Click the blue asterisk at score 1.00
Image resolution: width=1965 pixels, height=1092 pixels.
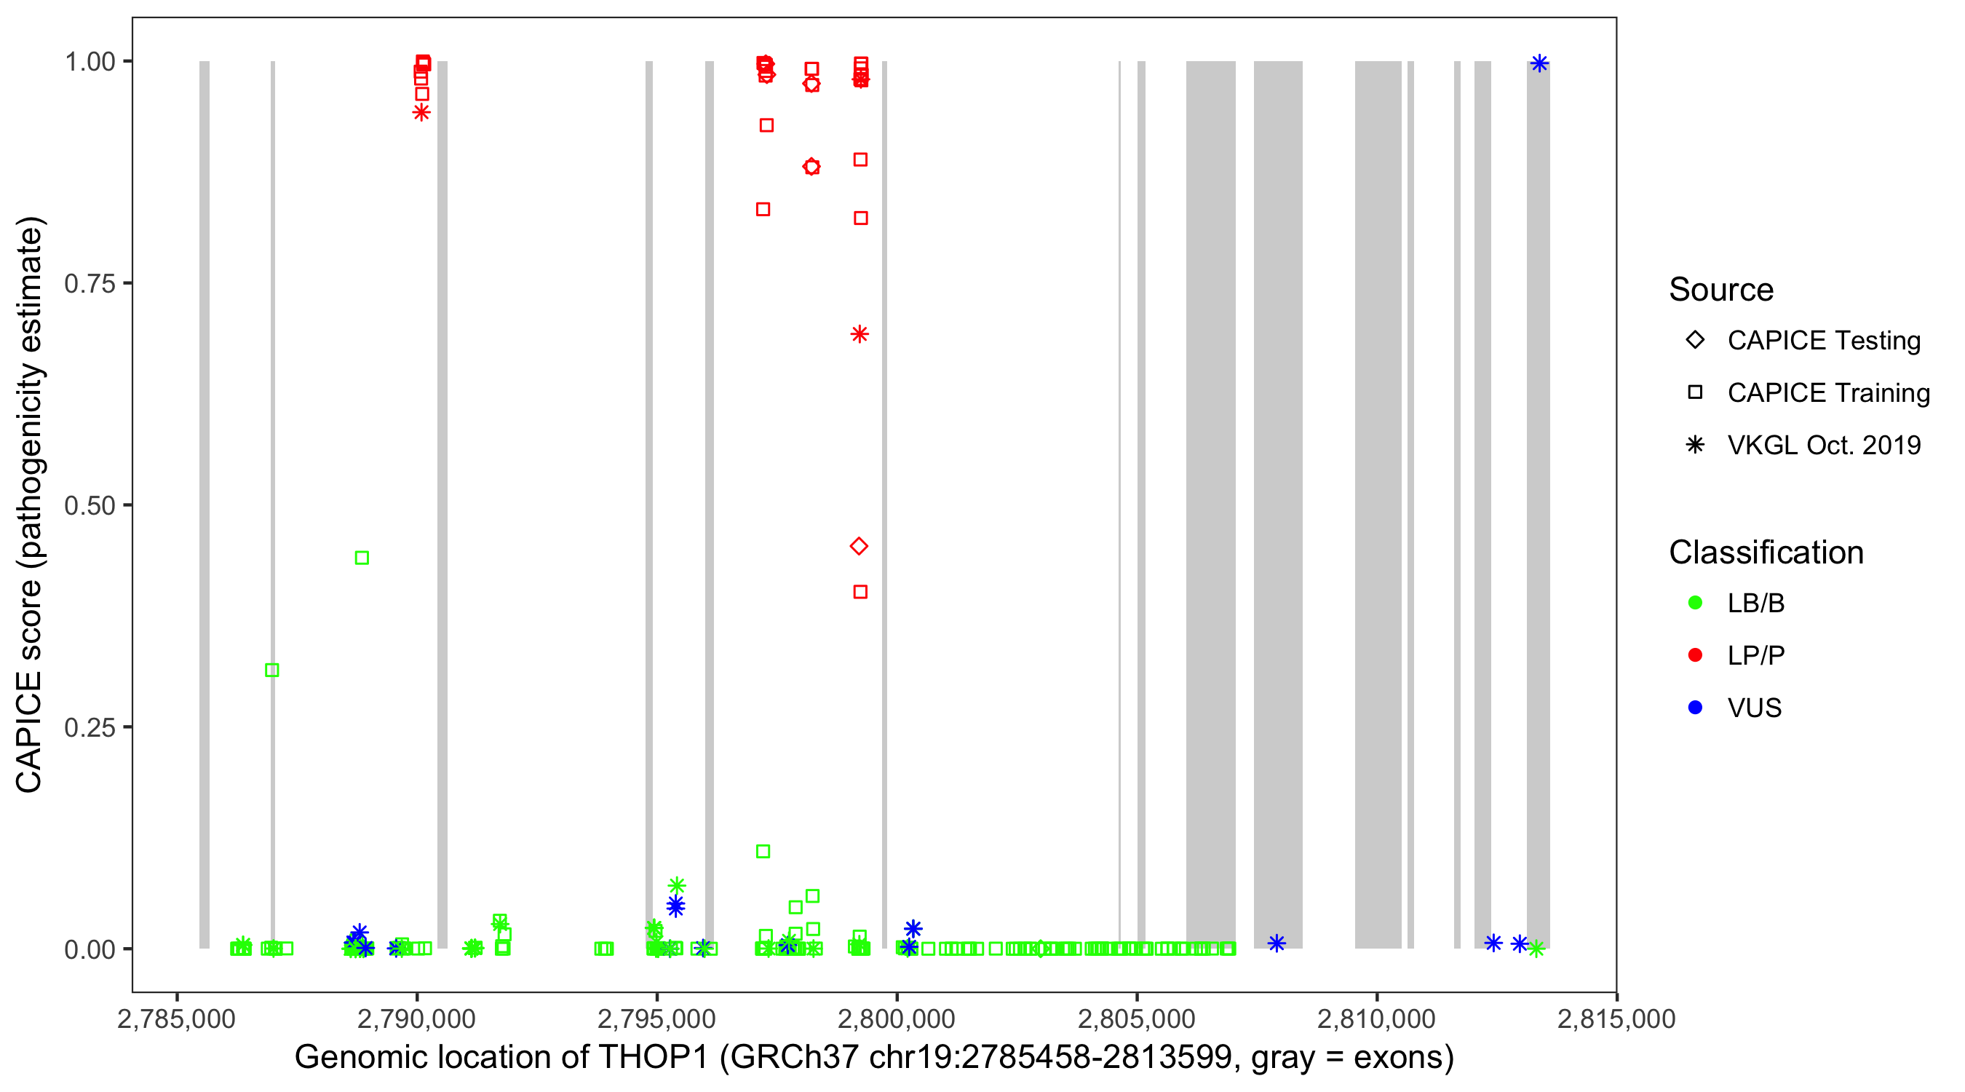click(x=1539, y=63)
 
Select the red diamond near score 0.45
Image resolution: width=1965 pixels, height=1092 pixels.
click(x=859, y=547)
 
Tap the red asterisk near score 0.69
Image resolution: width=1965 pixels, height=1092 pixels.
click(x=860, y=334)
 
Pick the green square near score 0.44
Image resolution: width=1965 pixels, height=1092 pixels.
click(x=362, y=558)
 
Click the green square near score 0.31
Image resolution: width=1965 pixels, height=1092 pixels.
click(x=272, y=670)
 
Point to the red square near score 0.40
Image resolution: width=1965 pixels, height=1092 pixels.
click(x=860, y=591)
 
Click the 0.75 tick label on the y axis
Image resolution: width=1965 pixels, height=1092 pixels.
click(x=90, y=284)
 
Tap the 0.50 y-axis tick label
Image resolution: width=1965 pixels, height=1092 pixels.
click(x=90, y=505)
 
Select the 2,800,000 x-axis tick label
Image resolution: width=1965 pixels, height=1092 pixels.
click(x=897, y=1018)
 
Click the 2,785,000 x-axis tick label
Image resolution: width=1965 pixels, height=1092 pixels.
click(x=176, y=1018)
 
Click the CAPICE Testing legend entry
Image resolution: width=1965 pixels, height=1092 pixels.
click(x=1823, y=341)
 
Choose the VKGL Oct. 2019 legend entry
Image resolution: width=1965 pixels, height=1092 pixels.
click(x=1823, y=445)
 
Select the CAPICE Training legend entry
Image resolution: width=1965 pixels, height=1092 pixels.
click(x=1827, y=393)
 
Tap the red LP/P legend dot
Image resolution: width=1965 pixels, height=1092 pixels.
click(x=1695, y=655)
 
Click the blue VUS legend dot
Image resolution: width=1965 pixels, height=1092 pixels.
click(x=1695, y=708)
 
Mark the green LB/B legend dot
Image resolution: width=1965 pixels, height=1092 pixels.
click(x=1695, y=603)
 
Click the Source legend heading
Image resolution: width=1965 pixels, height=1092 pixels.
click(x=1721, y=290)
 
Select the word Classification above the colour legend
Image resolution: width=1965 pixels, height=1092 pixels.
click(x=1766, y=553)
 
